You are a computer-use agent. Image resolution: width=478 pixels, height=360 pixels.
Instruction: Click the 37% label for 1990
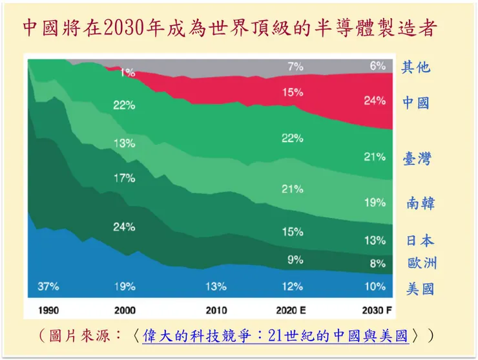pos(48,286)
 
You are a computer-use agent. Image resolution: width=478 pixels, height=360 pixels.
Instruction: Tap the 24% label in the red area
pos(374,101)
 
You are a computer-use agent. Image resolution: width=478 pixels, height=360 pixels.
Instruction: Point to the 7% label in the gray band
pos(295,66)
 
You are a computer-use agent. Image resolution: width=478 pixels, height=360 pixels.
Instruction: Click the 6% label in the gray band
pos(377,66)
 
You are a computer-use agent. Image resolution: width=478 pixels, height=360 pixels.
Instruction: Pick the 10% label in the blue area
pos(374,286)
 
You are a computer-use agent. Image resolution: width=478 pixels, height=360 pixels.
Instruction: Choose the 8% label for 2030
pos(377,264)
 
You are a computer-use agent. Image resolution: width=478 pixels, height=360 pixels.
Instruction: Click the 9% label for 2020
pos(295,260)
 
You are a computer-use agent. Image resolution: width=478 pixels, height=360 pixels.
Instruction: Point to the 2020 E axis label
pos(295,310)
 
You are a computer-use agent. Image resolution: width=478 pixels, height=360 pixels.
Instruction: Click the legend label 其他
pos(416,67)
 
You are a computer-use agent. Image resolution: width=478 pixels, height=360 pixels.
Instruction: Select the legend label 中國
pos(417,103)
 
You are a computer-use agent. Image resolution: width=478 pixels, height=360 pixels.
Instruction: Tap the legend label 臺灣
pos(417,159)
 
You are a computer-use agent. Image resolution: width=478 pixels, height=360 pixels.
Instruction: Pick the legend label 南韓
pos(421,203)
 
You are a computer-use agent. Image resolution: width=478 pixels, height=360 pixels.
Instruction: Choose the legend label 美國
pos(420,289)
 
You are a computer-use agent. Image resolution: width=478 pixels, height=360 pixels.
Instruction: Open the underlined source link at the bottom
pos(275,336)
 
